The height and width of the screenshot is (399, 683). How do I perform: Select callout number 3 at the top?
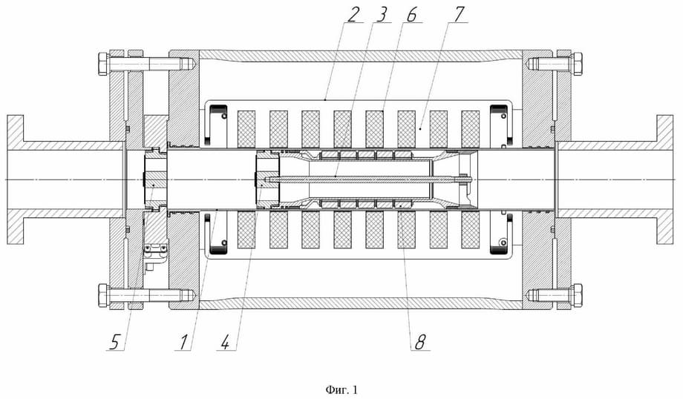384,13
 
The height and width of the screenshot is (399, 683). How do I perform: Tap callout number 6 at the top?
413,13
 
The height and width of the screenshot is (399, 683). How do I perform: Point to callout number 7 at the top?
460,13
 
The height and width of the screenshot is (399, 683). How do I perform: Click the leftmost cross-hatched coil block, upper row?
246,129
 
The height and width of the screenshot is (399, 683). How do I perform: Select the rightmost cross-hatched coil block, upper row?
470,129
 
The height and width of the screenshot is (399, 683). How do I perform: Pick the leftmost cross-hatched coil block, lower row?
246,230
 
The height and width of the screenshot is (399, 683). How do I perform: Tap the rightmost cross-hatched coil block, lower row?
470,230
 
